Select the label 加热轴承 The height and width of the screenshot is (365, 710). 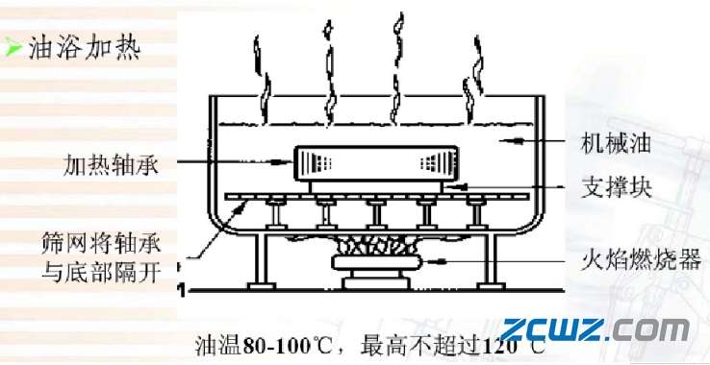pos(108,163)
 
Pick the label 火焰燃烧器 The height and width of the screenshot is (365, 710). pos(634,259)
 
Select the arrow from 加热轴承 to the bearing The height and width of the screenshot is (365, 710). pos(231,163)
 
